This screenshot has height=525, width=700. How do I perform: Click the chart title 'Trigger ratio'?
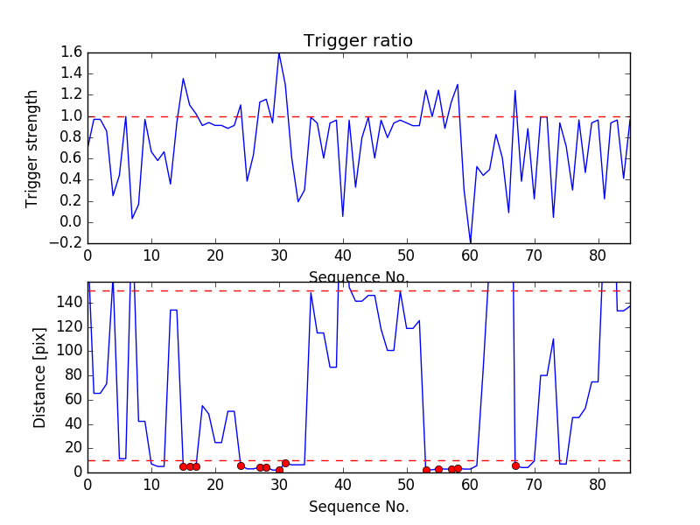tap(358, 41)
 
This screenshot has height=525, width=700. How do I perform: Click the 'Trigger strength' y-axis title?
tap(32, 148)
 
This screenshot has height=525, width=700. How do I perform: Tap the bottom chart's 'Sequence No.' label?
tap(358, 507)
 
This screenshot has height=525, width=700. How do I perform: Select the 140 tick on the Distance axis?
tap(69, 302)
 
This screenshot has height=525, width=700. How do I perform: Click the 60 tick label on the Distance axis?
tap(73, 399)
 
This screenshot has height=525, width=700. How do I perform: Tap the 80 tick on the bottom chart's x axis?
tap(598, 483)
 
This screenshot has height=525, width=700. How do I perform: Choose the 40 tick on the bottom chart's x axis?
tap(342, 483)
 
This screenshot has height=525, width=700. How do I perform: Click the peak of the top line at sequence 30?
tap(279, 53)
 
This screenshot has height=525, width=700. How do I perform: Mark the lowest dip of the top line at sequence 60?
tap(470, 242)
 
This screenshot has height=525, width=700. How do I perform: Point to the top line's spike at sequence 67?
tap(514, 90)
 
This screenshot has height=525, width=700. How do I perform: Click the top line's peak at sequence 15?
tap(183, 79)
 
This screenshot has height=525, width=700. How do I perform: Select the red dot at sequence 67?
tap(515, 465)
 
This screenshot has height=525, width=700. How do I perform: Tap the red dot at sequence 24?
tap(241, 465)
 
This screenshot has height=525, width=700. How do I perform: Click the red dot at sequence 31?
tap(285, 463)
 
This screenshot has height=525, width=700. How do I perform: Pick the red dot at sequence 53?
tap(426, 470)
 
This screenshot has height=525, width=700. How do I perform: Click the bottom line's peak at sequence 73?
tap(553, 339)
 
